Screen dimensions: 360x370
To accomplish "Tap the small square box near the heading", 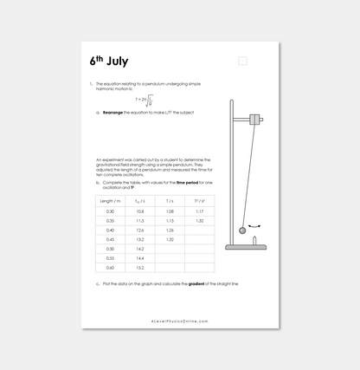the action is pyautogui.click(x=243, y=61).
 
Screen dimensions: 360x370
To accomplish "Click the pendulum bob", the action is pyautogui.click(x=242, y=230).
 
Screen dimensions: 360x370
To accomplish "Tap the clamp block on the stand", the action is pyautogui.click(x=255, y=119).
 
